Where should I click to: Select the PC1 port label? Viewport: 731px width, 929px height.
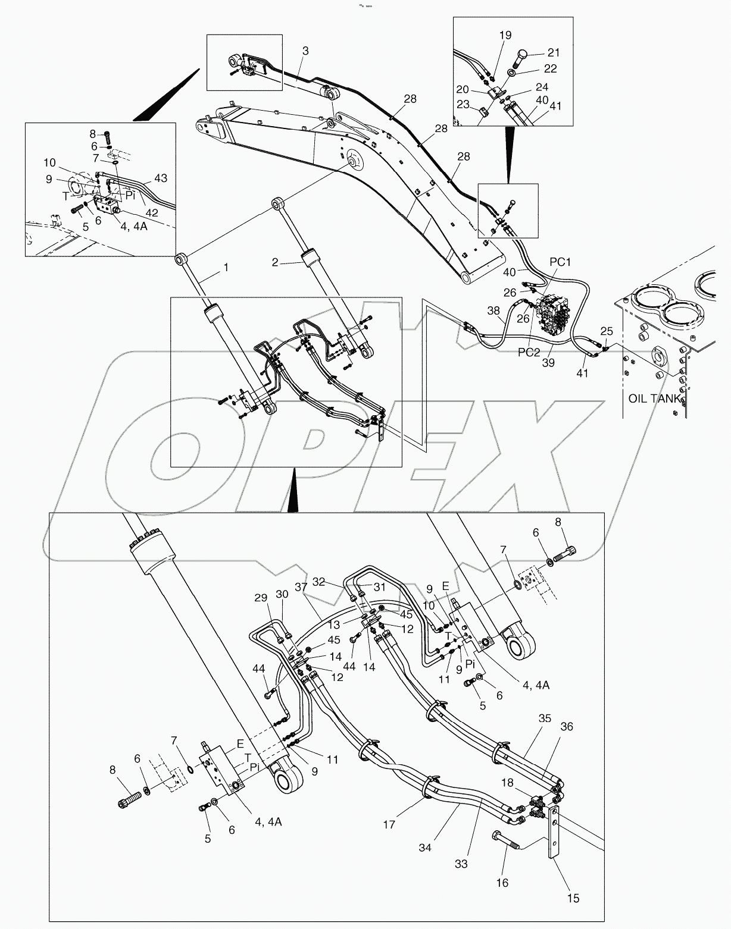(x=560, y=262)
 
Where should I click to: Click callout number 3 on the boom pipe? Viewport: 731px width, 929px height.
(x=305, y=52)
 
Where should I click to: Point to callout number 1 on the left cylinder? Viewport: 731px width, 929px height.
(x=226, y=268)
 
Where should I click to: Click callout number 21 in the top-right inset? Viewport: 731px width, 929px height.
(x=554, y=52)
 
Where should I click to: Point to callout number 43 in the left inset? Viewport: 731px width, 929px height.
(x=160, y=178)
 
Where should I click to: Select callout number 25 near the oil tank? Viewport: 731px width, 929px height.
(x=606, y=331)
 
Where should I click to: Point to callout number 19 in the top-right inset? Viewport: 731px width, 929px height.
(x=505, y=36)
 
